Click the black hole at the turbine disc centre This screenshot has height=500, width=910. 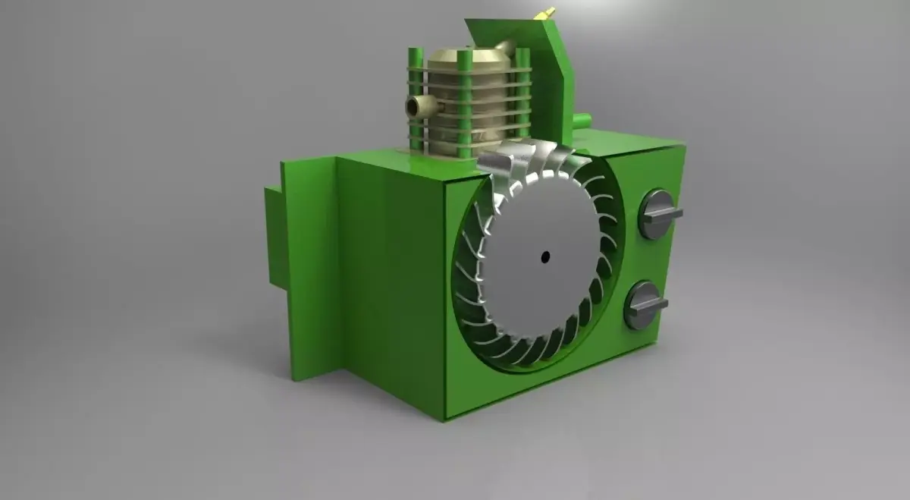544,257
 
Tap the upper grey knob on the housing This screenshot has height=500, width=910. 657,214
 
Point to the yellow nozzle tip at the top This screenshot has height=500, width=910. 545,13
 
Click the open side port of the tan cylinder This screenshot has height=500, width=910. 413,105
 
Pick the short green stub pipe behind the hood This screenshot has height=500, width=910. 581,120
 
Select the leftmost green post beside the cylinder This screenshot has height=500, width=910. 416,99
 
